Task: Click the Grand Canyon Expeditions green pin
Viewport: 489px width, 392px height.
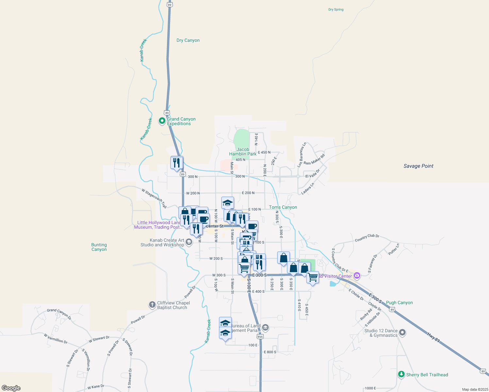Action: (162, 121)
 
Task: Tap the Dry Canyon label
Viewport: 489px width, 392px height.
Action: (188, 41)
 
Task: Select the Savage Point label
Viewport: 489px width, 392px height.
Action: (418, 166)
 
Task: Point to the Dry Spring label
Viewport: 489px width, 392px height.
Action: (336, 9)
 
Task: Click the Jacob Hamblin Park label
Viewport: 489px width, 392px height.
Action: (243, 152)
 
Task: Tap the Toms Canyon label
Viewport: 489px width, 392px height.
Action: (283, 207)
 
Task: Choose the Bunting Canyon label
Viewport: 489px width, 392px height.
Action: (99, 247)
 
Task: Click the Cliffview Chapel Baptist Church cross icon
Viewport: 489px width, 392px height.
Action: (152, 305)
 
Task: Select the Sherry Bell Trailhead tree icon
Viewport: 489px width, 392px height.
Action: (401, 374)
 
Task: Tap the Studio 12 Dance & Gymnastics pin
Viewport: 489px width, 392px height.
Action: (402, 333)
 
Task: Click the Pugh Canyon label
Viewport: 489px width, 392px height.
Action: (399, 302)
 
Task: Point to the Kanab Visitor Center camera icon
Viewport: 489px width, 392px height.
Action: (357, 276)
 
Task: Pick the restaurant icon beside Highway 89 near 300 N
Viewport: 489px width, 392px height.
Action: (177, 162)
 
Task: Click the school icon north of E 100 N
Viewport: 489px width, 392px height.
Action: (228, 203)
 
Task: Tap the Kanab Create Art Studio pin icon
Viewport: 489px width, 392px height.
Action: (189, 242)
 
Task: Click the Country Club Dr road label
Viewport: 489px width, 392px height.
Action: (367, 238)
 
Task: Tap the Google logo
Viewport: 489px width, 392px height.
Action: (11, 388)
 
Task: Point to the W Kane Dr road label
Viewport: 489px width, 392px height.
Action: (96, 387)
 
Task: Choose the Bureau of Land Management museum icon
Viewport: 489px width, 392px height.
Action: (265, 327)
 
